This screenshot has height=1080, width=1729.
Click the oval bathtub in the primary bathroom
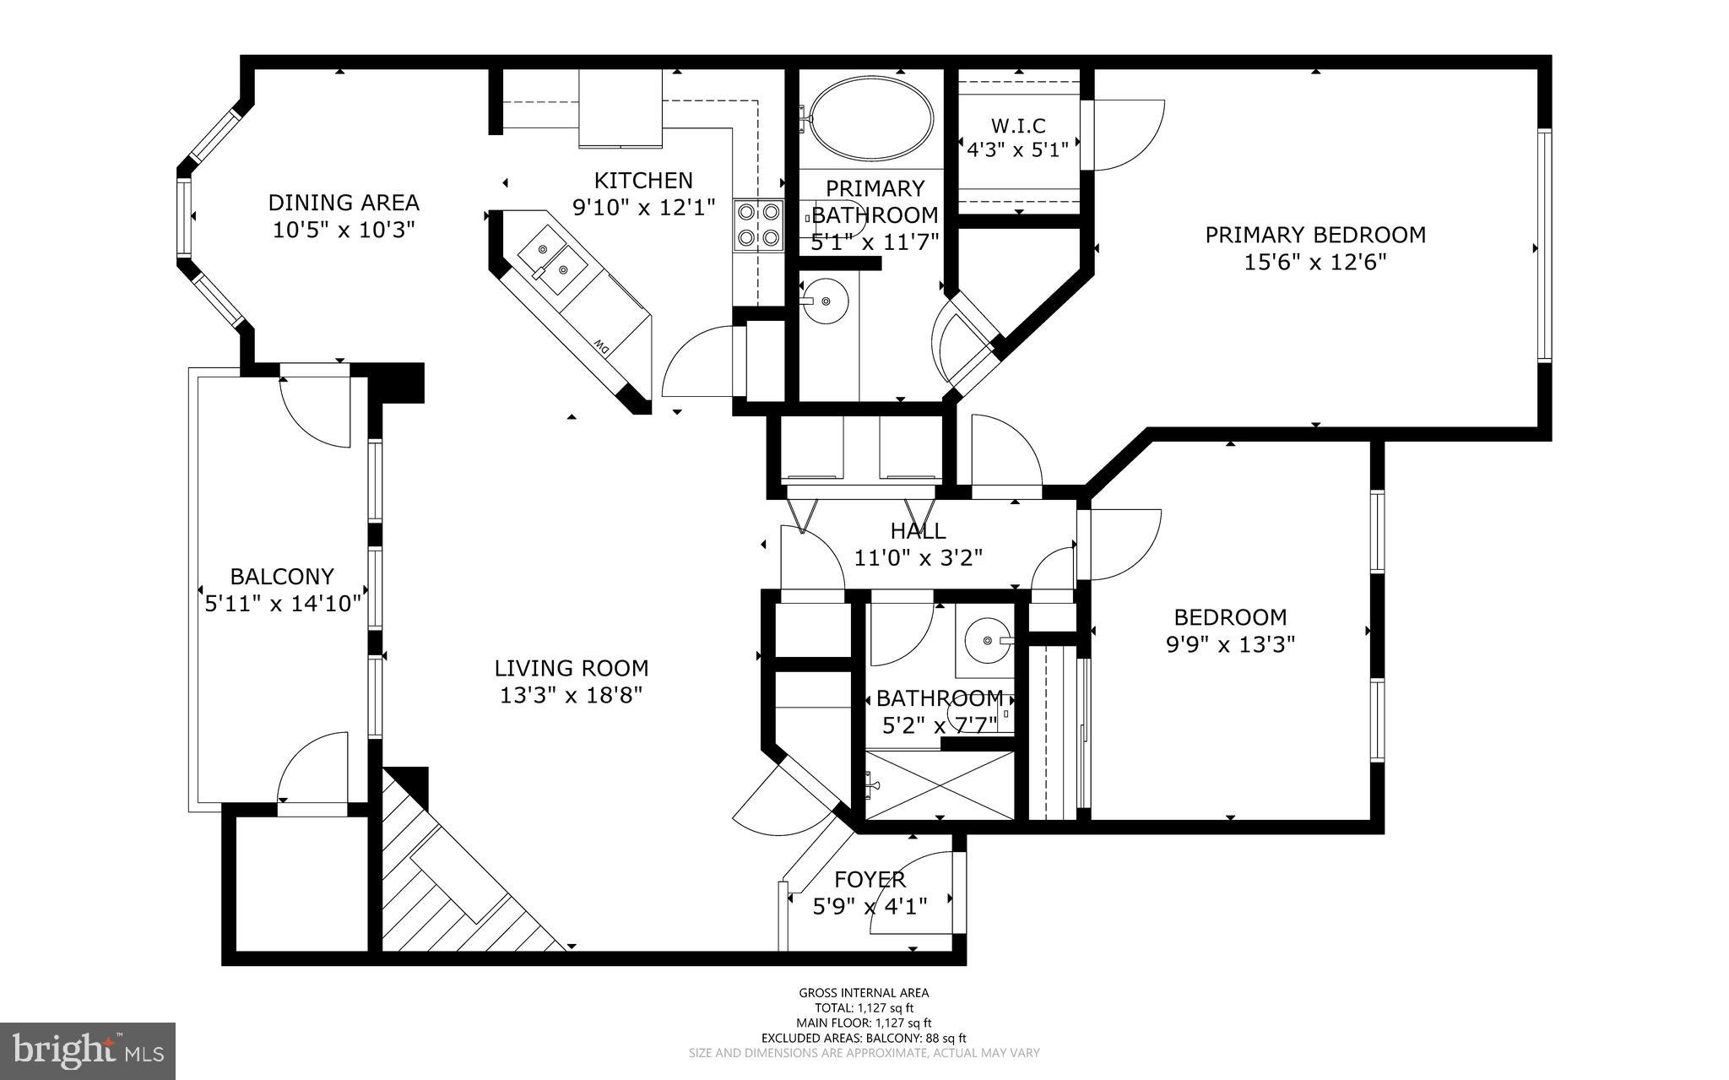pos(872,119)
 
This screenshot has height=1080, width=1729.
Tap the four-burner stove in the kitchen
pos(757,225)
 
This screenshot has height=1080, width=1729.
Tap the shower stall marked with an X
pos(940,784)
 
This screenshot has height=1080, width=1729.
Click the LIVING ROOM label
pos(572,668)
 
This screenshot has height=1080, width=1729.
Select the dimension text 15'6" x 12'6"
pos(1315,263)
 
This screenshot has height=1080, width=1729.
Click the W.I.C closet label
pos(1018,126)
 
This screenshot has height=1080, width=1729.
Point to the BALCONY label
pos(282,577)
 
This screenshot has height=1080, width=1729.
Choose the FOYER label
pos(870,880)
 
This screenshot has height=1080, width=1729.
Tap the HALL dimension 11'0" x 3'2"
pos(919,558)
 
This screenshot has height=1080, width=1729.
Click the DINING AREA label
pos(344,203)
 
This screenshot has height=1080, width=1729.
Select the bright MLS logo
pos(88,1050)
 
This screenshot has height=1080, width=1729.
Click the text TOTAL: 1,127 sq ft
pos(864,1007)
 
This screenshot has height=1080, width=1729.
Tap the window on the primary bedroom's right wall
pos(1544,245)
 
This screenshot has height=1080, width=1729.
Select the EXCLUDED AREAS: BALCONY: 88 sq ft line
pos(864,1038)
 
